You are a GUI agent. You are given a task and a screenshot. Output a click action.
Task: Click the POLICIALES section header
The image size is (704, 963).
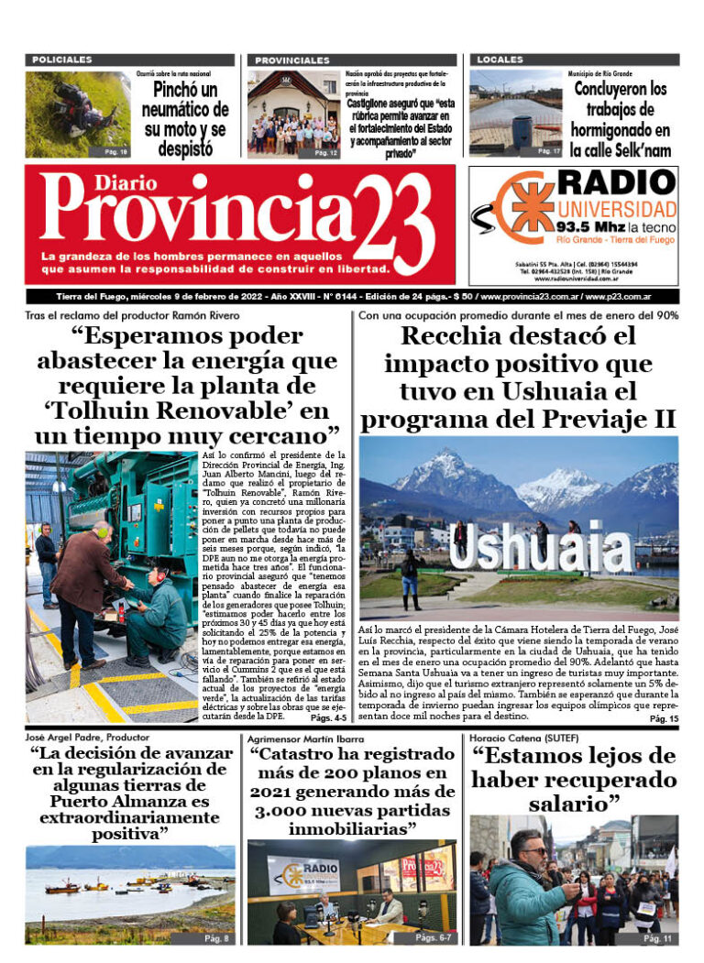pos(62,60)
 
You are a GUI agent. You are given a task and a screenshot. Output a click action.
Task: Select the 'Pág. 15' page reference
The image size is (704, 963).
pos(663,719)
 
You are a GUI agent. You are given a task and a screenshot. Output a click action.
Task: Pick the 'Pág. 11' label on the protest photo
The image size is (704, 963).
pos(657,938)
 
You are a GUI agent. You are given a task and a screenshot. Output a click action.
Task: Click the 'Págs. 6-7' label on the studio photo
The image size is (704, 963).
pos(431,938)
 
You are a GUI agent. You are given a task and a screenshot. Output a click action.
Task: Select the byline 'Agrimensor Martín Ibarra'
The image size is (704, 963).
pos(301,738)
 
